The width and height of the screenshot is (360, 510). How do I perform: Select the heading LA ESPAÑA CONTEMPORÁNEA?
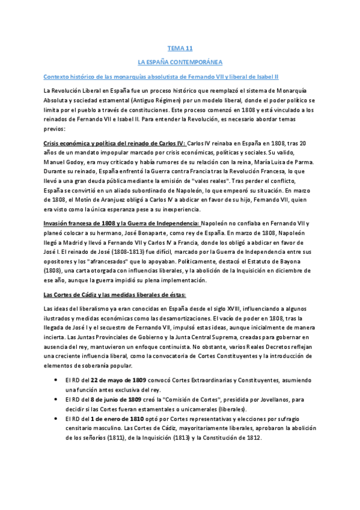(x=180, y=62)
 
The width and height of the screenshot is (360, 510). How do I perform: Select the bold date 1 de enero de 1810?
(x=113, y=418)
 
